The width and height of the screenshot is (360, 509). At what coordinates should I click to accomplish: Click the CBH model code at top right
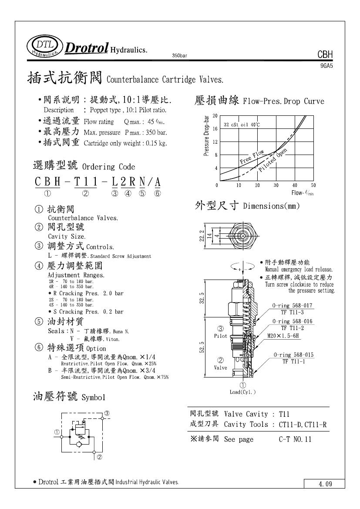[x=325, y=55]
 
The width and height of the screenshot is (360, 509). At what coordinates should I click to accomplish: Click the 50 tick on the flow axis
[x=313, y=185]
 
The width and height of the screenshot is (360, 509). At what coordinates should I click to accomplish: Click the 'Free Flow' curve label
[x=252, y=157]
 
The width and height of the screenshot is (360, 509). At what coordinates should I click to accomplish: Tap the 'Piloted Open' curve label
[x=273, y=160]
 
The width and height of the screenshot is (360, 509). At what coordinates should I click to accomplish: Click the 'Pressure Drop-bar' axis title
[x=207, y=135]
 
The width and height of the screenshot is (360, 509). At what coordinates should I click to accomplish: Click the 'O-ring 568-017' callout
[x=292, y=306]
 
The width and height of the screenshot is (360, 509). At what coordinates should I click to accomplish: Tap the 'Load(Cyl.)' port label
[x=243, y=391]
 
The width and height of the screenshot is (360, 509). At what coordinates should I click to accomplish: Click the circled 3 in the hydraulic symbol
[x=106, y=413]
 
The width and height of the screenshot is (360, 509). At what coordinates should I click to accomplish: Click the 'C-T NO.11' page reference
[x=295, y=439]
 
